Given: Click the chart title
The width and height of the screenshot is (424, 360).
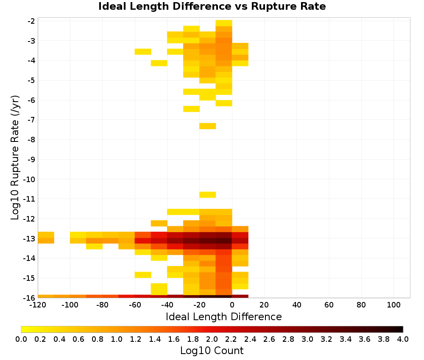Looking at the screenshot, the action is (212, 6).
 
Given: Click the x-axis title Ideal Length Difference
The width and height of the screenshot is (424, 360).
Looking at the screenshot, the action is (223, 316).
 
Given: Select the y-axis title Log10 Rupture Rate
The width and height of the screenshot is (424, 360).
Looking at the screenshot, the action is (15, 158).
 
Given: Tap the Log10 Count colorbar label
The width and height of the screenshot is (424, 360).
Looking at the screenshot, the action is (212, 351).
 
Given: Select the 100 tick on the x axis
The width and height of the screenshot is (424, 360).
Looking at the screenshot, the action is (394, 305).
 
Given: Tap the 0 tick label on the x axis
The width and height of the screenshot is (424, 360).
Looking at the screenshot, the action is (232, 305).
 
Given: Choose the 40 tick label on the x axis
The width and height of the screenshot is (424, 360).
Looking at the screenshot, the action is (297, 305).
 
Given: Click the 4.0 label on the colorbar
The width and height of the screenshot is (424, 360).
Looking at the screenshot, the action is (403, 339).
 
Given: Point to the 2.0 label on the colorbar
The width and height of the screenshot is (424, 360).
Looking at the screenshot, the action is (212, 339).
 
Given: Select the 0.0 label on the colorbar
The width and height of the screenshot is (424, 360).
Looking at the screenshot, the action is (21, 339).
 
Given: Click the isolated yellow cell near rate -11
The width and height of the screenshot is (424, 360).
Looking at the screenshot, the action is (208, 194).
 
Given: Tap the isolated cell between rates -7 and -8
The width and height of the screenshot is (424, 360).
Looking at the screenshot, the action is (208, 126).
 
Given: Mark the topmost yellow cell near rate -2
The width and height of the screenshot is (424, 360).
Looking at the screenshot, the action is (224, 23).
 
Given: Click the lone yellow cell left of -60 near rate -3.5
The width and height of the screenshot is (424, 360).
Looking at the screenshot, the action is (143, 52).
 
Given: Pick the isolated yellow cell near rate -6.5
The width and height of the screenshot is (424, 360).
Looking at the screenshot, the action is (192, 108).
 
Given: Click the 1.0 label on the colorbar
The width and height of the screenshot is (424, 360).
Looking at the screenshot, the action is (117, 339).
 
